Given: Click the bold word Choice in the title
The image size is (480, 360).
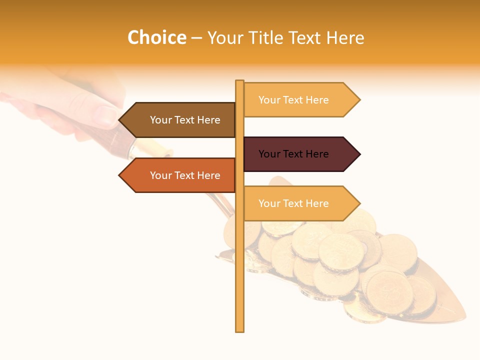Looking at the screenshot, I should tap(156, 37).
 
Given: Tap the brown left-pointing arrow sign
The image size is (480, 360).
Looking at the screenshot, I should tap(180, 120).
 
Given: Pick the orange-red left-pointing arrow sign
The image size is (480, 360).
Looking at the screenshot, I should tap(180, 175).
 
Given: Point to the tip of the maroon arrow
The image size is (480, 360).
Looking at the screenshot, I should tap(359, 154).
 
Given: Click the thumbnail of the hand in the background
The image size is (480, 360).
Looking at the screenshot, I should tap(106, 116).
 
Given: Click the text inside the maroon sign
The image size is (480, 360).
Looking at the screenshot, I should tap(293, 154).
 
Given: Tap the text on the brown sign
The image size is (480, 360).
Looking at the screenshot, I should tap(185, 120).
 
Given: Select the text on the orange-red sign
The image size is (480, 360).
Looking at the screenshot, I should tap(185, 175).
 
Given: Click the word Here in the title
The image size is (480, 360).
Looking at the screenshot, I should tap(345, 37).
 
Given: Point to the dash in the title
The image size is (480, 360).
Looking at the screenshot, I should tap(196, 38).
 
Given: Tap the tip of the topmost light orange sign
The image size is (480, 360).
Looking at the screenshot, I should tap(359, 100).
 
